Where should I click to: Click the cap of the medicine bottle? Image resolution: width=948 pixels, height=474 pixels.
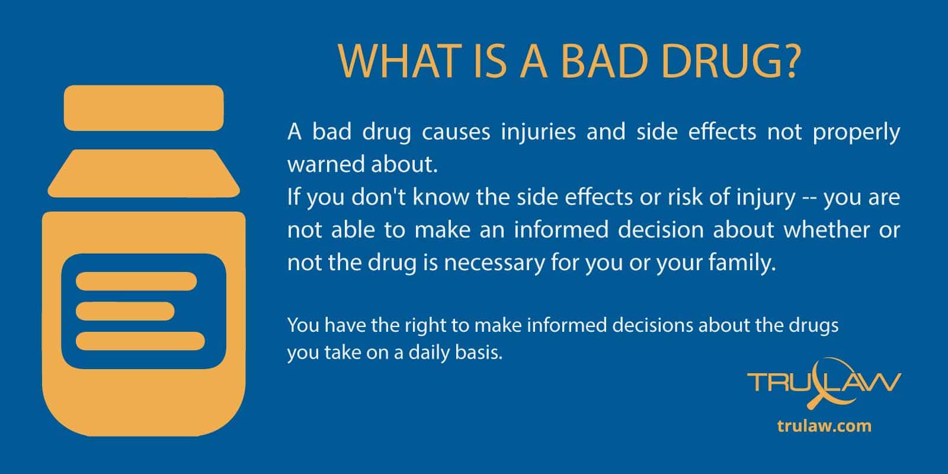[144, 108]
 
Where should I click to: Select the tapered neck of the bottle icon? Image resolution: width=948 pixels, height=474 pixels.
[144, 173]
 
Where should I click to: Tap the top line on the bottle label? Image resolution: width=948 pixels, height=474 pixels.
[136, 281]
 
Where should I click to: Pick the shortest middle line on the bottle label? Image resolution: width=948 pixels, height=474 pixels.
[125, 311]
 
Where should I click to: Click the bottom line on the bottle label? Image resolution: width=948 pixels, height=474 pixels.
[140, 341]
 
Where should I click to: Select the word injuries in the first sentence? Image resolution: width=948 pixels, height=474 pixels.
[539, 133]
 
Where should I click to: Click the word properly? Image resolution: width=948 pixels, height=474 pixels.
[856, 133]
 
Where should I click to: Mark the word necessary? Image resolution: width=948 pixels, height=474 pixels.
[494, 264]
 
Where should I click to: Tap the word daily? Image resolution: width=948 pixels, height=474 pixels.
[427, 353]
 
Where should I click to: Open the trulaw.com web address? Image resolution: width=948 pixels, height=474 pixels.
[824, 426]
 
